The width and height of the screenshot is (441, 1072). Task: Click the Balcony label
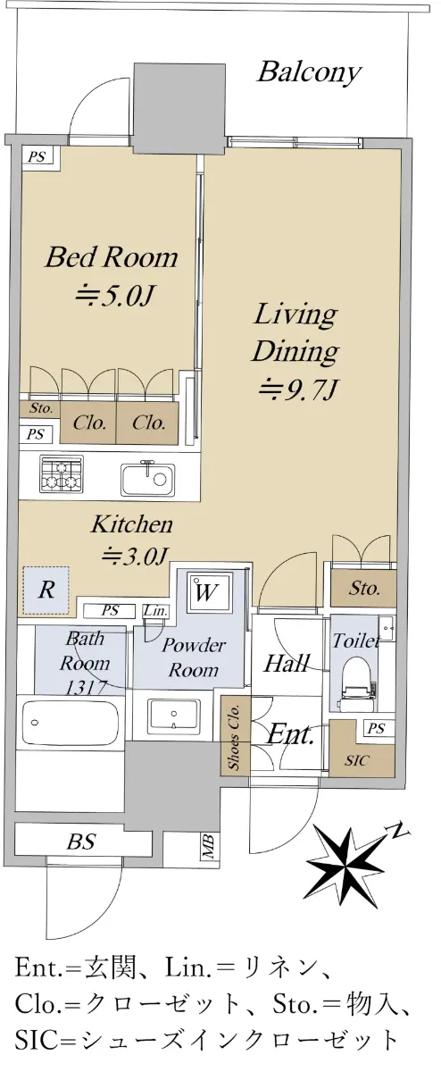point(309,72)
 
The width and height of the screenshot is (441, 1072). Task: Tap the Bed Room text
point(111,257)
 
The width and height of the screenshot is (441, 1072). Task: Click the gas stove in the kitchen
point(62,473)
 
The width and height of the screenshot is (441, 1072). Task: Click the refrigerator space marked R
point(46,590)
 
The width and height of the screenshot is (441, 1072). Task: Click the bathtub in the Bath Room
point(71,723)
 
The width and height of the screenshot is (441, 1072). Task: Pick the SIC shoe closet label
point(357,760)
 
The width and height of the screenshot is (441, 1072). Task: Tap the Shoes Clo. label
point(234,738)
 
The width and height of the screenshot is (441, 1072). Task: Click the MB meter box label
point(208,846)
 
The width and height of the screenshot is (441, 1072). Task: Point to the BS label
point(81,841)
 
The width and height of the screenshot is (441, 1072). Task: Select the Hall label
point(287,663)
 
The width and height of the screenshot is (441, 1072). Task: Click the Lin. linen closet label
point(156,611)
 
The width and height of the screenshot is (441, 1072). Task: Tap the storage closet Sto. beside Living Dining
point(364,588)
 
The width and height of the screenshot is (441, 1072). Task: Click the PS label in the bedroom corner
point(37,156)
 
